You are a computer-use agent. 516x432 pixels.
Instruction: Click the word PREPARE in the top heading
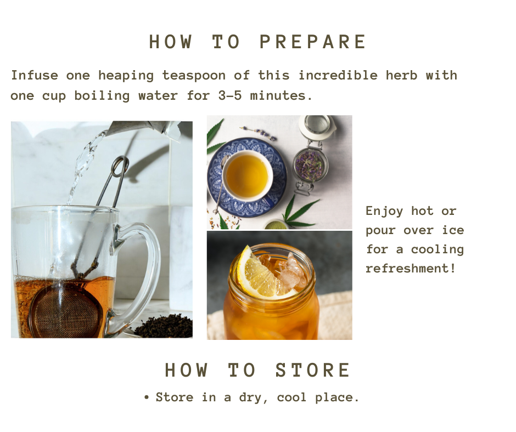click(x=313, y=42)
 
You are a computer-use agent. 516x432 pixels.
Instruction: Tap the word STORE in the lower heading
click(x=313, y=371)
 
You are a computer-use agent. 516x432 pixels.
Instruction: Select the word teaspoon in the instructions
click(x=194, y=76)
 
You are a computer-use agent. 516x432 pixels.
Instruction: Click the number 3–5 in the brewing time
click(x=230, y=96)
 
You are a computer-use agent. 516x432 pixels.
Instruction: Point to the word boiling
click(x=102, y=96)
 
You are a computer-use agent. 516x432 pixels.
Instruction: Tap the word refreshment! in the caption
click(x=411, y=268)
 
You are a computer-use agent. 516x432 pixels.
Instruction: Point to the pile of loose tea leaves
click(x=165, y=326)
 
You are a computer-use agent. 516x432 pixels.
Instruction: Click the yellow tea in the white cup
click(x=247, y=176)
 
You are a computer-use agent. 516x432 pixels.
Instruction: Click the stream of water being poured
click(x=82, y=164)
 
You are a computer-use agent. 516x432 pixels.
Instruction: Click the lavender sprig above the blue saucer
click(x=258, y=133)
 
